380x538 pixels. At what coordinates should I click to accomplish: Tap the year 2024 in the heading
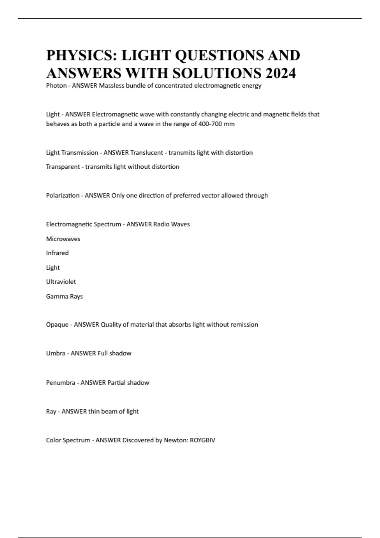coord(281,73)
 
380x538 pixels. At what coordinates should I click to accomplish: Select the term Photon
coord(56,86)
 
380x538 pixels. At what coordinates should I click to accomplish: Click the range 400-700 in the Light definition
coord(210,124)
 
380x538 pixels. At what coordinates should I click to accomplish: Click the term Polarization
coord(63,196)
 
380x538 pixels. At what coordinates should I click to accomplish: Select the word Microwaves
coord(63,239)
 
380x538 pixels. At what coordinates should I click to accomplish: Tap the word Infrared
coord(57,253)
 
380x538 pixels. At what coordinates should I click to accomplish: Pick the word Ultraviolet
coord(61,282)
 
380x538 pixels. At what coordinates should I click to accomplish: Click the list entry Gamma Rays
coord(64,297)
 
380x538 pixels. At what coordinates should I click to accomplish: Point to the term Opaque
coord(57,325)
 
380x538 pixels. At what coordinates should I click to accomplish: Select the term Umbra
coord(56,353)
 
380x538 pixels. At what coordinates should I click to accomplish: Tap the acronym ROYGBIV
coord(202,440)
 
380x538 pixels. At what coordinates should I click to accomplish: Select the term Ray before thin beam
coord(51,411)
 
